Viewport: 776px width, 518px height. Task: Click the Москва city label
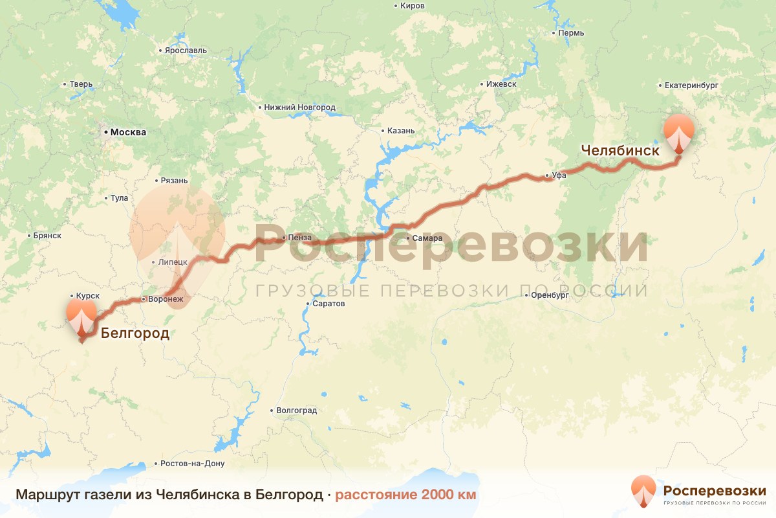(128, 132)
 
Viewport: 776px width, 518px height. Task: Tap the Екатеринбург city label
(692, 85)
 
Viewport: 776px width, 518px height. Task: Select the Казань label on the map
(401, 130)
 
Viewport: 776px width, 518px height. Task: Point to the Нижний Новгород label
(299, 107)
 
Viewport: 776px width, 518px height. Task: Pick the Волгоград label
(296, 411)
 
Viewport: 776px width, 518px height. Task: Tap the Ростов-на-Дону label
(192, 464)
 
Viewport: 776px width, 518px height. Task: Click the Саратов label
(328, 304)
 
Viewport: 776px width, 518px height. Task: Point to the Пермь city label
(572, 33)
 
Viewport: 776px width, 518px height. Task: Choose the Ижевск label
(502, 84)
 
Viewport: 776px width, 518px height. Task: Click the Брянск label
(47, 235)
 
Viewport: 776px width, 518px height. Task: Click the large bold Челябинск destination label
(620, 150)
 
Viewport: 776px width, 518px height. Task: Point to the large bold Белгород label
(135, 334)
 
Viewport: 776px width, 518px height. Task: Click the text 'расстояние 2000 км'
(405, 495)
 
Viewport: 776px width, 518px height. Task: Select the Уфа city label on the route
(559, 175)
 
